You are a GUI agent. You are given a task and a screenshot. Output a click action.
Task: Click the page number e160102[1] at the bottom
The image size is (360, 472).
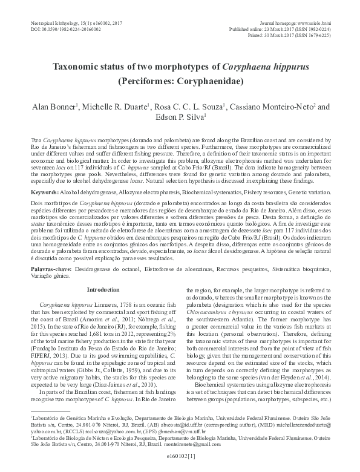(x=180, y=466)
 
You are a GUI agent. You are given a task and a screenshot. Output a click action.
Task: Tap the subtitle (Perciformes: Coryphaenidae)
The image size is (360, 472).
(x=180, y=79)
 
